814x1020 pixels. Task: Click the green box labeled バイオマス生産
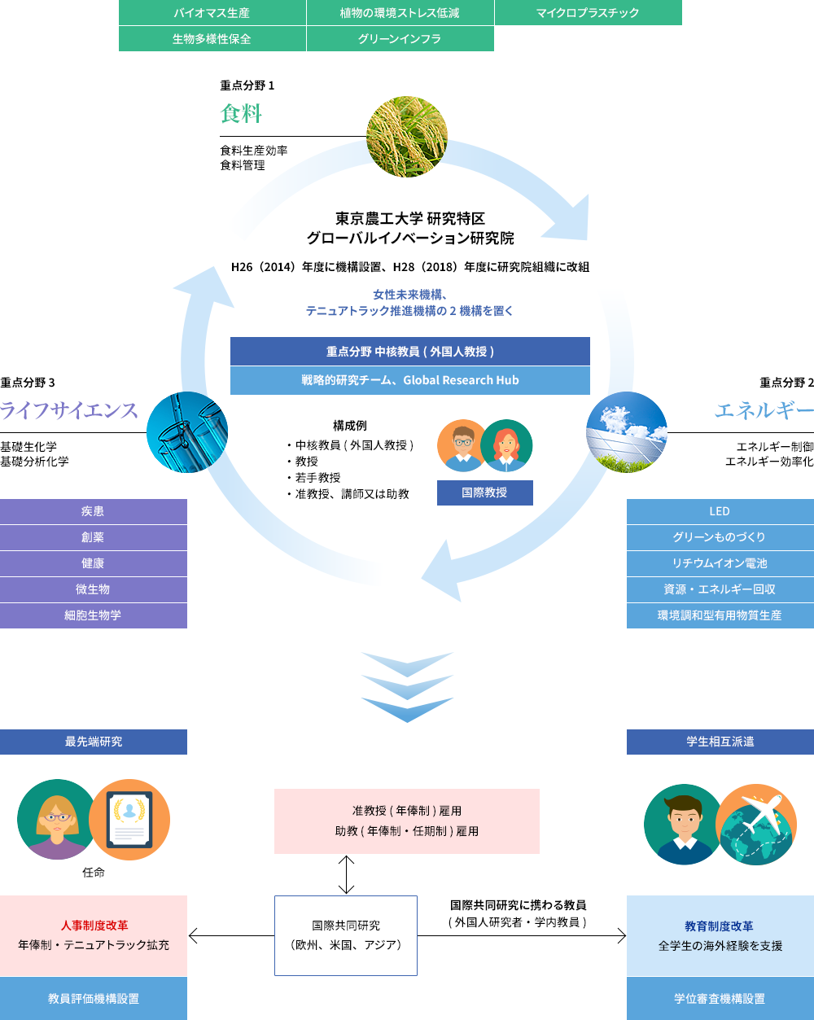point(212,12)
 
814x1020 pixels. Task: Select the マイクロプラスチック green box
point(588,12)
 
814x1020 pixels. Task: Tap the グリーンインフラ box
point(400,38)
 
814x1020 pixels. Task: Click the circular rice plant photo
point(407,137)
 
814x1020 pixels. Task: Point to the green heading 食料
point(241,114)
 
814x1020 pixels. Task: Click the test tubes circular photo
point(187,431)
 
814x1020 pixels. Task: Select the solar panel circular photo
point(627,431)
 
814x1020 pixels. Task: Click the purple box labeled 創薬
point(93,537)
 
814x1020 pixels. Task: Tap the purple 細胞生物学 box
point(93,615)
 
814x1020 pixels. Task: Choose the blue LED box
point(720,511)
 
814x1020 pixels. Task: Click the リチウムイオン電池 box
point(720,563)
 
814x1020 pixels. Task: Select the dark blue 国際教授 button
point(484,492)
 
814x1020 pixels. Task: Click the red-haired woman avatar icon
point(506,445)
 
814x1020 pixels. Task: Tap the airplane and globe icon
point(756,825)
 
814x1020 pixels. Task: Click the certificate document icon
point(129,820)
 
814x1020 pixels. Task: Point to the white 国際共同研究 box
point(346,935)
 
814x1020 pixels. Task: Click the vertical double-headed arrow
point(346,874)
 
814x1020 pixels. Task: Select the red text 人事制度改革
point(94,926)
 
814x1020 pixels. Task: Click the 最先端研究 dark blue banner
point(93,742)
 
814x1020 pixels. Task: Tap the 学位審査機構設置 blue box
point(720,999)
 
